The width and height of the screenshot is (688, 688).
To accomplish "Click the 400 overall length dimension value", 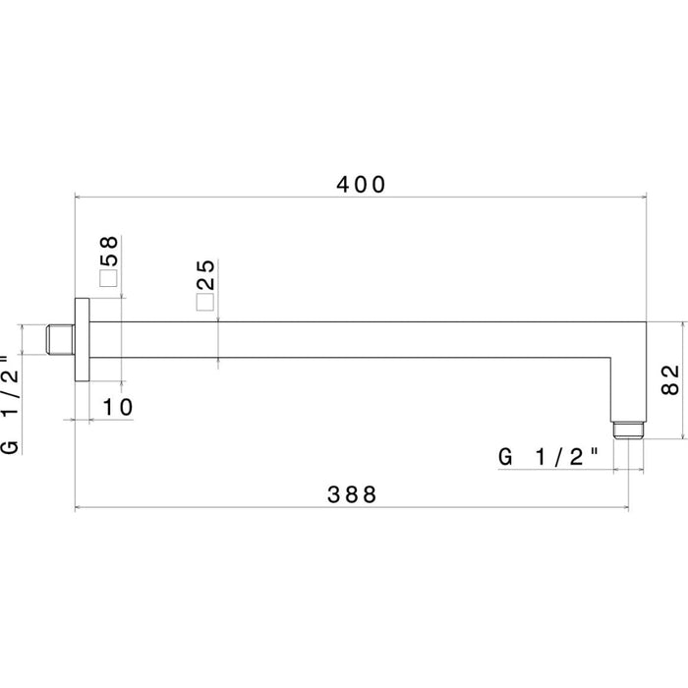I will [x=361, y=184].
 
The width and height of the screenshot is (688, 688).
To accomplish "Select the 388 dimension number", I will [x=351, y=494].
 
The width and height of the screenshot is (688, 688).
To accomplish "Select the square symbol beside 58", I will [x=108, y=278].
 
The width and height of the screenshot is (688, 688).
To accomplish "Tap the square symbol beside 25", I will [x=204, y=303].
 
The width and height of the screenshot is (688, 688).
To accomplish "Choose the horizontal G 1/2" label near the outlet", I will [x=548, y=456].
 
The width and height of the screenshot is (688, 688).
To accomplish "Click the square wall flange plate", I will [x=83, y=340].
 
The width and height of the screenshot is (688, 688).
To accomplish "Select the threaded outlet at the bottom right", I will [x=629, y=430].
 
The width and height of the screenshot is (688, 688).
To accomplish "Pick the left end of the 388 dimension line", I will [x=77, y=508].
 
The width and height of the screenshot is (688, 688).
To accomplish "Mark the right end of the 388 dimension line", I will [x=629, y=508].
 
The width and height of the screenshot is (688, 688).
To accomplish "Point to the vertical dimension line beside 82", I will [x=684, y=379].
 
